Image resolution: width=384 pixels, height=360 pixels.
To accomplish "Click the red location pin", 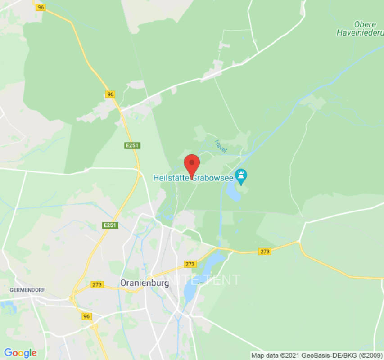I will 192,165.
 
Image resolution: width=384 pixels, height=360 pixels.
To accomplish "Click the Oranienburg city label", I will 145,283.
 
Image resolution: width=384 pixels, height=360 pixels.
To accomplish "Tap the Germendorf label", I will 27,290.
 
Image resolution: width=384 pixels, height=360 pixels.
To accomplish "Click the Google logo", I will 20,352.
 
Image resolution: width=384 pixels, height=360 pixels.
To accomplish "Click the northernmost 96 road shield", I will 41,7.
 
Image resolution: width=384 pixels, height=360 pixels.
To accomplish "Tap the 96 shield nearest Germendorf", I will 87,316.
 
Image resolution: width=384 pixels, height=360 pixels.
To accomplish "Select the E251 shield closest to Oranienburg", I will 110,225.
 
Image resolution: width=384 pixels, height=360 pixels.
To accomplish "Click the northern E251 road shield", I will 132,145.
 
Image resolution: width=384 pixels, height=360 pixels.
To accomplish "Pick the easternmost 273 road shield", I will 265,252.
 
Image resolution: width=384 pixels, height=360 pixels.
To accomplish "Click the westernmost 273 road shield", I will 97,284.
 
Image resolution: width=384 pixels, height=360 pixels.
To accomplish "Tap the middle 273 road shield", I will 190,264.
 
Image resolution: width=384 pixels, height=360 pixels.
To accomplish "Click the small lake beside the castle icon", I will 234,193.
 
